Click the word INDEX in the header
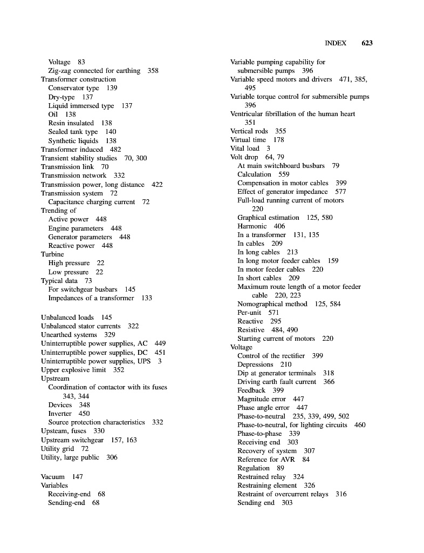[336, 43]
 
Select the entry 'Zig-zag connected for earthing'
[94, 71]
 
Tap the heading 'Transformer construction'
[78, 79]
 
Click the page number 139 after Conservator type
[112, 88]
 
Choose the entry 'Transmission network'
[73, 176]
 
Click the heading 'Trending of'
[58, 211]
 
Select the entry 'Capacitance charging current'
[91, 202]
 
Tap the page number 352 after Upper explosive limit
[119, 370]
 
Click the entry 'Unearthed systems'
[69, 335]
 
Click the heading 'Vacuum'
[52, 477]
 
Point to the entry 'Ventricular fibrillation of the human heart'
[292, 114]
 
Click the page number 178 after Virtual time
[278, 140]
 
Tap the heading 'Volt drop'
[244, 157]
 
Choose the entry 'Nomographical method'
[272, 304]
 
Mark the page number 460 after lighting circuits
[360, 425]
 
